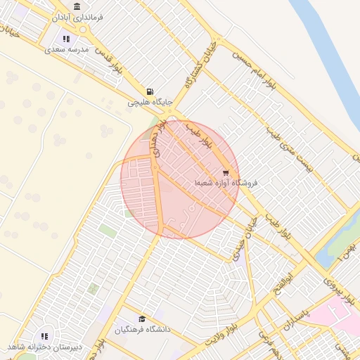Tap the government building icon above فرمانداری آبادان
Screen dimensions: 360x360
(x=77, y=6)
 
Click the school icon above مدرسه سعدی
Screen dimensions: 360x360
(x=65, y=39)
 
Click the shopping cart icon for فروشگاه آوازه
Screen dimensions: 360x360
(x=225, y=172)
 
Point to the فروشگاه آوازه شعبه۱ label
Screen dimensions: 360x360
(x=226, y=183)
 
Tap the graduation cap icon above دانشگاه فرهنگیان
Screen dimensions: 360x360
(x=143, y=319)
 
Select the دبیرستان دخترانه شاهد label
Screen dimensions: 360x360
(x=45, y=347)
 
